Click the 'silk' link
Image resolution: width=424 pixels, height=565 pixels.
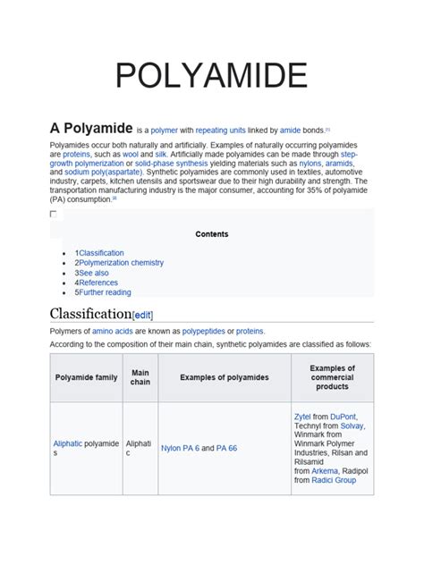point(161,154)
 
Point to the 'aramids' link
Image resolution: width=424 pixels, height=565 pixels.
point(339,164)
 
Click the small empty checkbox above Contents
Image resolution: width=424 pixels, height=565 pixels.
point(53,215)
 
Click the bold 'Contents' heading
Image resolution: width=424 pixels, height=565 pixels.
point(212,234)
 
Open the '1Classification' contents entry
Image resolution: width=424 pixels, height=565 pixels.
point(99,253)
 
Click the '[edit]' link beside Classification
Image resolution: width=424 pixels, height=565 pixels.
point(143,315)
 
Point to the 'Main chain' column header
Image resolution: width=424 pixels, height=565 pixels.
point(140,377)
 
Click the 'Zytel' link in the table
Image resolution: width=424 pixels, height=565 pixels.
point(303,417)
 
